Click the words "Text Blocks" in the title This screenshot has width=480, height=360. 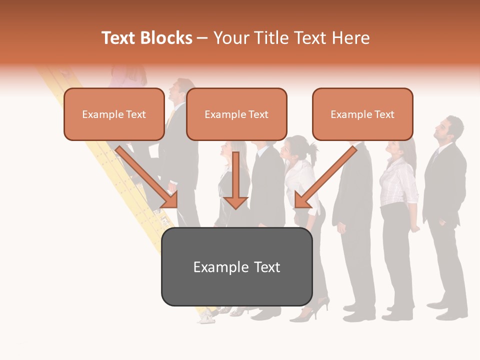coord(147,38)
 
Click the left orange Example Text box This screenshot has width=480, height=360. coord(114,114)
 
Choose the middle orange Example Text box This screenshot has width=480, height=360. coord(236,114)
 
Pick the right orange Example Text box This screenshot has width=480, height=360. coord(362,114)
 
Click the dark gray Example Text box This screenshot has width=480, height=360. coord(236,267)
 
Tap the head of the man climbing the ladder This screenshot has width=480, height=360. coord(178,90)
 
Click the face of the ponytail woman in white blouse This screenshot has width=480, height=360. coord(290,150)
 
